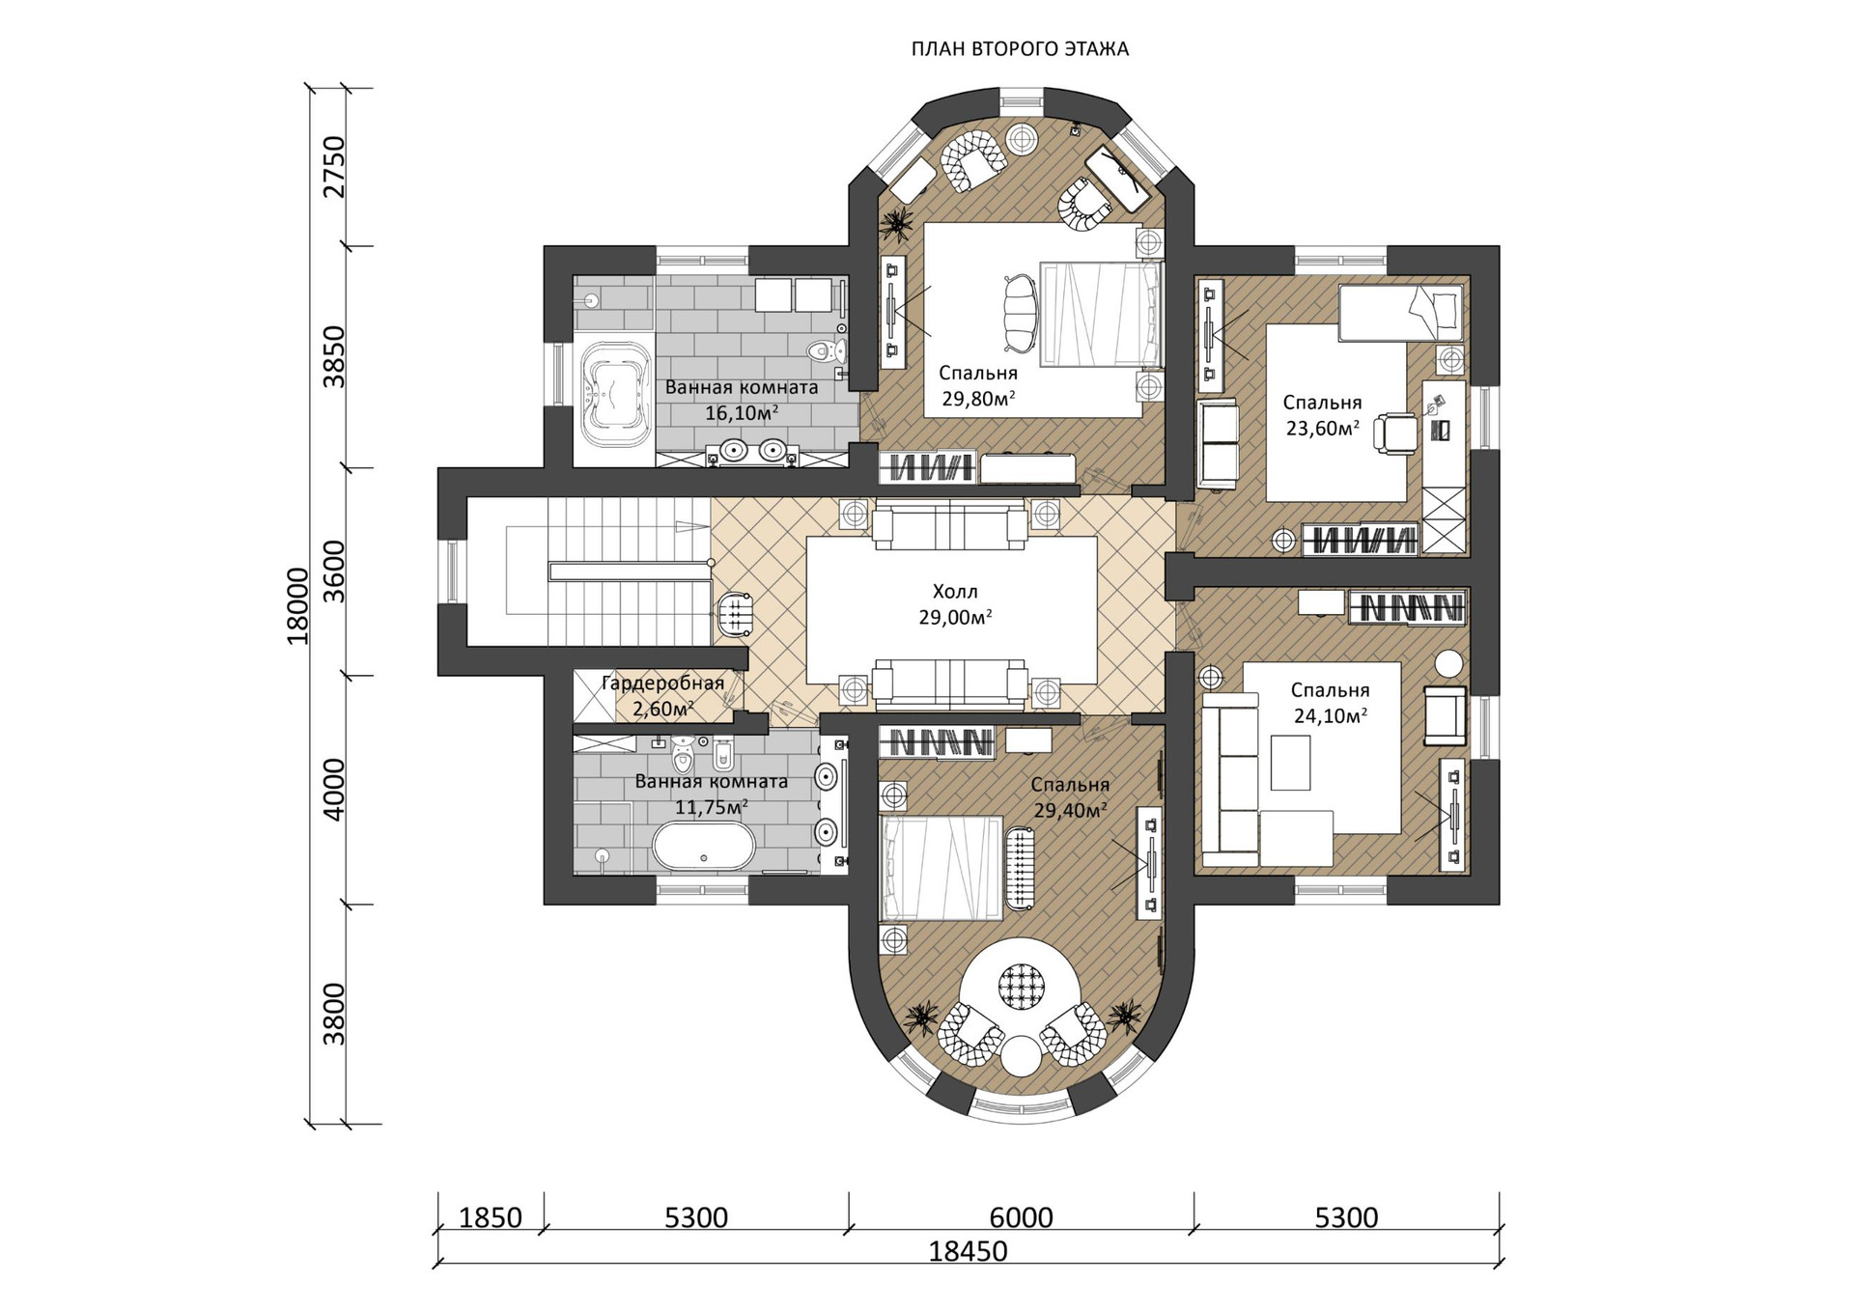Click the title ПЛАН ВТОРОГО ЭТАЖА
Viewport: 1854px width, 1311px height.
tap(1020, 49)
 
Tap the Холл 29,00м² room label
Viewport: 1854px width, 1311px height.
tap(955, 604)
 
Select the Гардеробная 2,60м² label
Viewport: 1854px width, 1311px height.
tap(662, 696)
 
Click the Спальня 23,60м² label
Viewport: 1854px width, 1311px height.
tap(1322, 415)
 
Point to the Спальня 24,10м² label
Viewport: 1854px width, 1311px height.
tap(1330, 703)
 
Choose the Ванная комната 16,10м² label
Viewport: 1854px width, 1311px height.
tap(741, 400)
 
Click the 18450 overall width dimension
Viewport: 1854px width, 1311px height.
tap(968, 1252)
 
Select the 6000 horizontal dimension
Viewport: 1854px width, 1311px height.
tap(1021, 1218)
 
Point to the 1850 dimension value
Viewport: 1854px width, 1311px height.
tap(490, 1218)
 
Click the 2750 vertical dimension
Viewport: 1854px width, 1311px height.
tap(334, 167)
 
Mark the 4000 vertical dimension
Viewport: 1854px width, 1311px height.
tap(334, 790)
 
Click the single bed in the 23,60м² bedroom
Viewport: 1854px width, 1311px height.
tap(1399, 313)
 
